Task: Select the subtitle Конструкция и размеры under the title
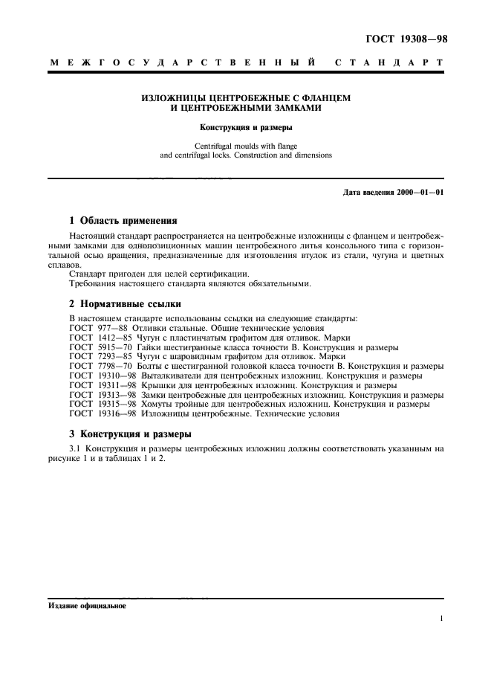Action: (x=245, y=127)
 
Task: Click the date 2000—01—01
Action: (x=418, y=193)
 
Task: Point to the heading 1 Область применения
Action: (x=123, y=221)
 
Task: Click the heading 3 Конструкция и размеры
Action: (x=130, y=434)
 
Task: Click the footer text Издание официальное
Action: (x=87, y=606)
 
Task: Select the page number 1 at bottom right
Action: (x=441, y=619)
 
